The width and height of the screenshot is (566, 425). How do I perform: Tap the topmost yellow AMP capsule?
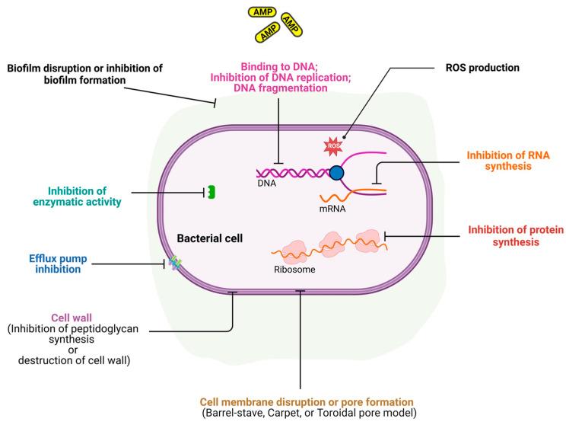[261, 12]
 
